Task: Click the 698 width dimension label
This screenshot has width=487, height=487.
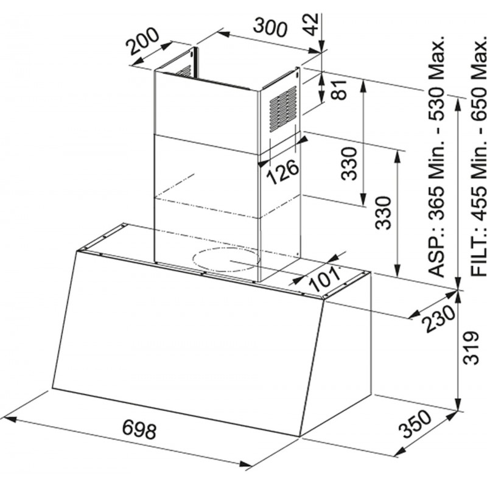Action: click(139, 429)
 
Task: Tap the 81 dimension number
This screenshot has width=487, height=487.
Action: click(338, 89)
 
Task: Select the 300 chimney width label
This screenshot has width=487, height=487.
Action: click(269, 27)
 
